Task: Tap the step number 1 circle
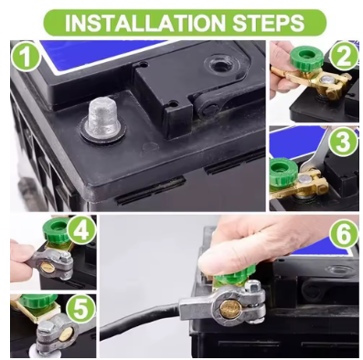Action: tap(27, 57)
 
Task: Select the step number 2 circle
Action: tap(345, 57)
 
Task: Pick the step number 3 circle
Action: tap(344, 143)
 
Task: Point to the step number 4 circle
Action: tap(81, 231)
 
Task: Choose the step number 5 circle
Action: tap(81, 308)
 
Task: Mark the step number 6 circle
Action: tap(345, 234)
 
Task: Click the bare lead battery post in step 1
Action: tap(102, 119)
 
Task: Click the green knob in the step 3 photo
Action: tap(283, 172)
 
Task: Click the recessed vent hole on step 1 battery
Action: tap(216, 64)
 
